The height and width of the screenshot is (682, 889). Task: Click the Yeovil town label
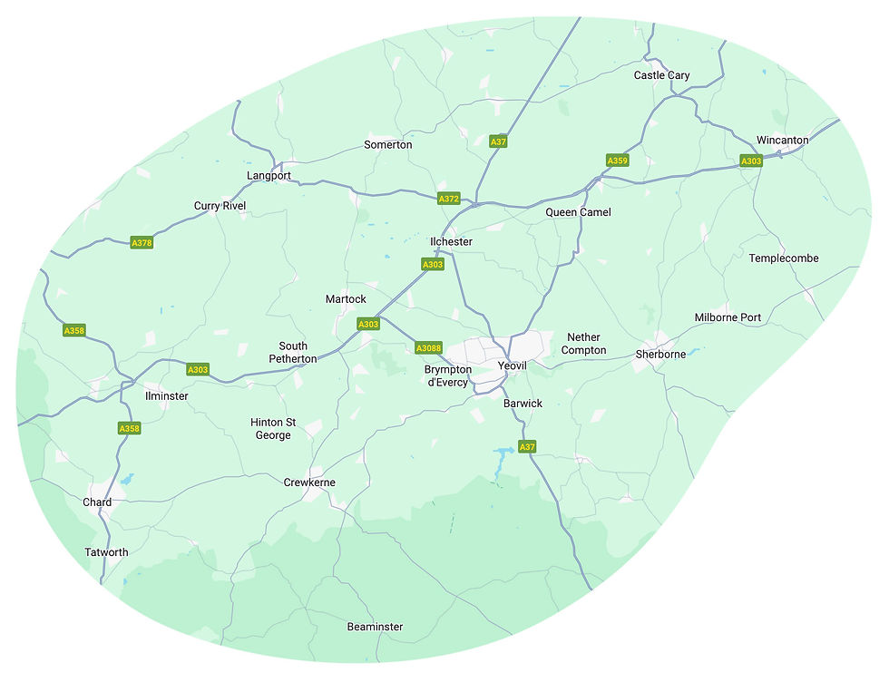(513, 365)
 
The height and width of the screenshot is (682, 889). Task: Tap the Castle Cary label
(661, 75)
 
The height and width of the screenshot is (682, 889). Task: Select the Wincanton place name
(782, 141)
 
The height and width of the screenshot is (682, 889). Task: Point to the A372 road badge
(449, 199)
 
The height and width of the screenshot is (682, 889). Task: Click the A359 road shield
(617, 161)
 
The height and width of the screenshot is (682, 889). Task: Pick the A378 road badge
(142, 242)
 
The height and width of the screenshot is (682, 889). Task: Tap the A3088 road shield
(428, 347)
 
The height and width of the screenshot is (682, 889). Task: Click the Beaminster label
(375, 627)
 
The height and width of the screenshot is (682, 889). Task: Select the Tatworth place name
(106, 552)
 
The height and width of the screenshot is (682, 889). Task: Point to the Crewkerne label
(309, 482)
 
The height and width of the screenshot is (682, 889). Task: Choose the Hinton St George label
(273, 429)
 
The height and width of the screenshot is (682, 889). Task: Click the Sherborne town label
(660, 354)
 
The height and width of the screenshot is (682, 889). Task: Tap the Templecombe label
(784, 258)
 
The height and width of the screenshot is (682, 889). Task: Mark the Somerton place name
(387, 145)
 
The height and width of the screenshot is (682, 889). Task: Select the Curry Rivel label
(220, 206)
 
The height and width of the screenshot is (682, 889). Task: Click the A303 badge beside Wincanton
(751, 161)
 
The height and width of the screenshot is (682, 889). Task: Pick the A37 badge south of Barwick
(527, 447)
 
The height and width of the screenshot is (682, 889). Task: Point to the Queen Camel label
(578, 212)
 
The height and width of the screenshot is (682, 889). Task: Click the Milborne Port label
(728, 317)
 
